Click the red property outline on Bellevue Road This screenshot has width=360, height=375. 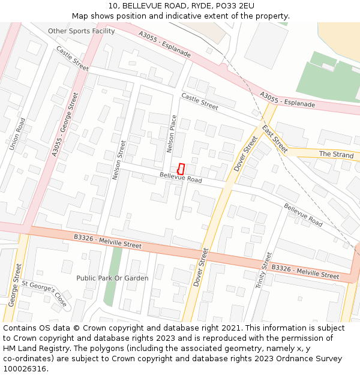(181, 169)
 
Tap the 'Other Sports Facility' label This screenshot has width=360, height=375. (81, 31)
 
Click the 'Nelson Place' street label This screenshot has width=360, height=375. (172, 133)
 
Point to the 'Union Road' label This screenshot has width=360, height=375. (16, 134)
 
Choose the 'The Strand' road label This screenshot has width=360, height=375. (336, 154)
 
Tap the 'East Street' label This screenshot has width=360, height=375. (275, 139)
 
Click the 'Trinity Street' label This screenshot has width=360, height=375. (263, 270)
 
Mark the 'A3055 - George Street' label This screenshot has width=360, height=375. (65, 125)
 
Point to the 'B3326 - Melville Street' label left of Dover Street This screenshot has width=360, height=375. (107, 241)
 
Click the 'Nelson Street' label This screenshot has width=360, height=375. (118, 160)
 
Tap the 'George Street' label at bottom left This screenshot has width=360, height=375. (15, 287)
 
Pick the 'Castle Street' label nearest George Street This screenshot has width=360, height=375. (73, 59)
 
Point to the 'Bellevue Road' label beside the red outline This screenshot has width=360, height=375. (181, 178)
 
